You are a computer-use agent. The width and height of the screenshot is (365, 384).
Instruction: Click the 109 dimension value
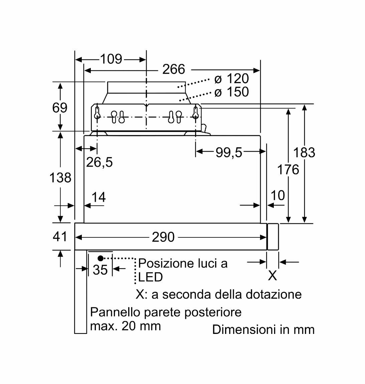[111, 59]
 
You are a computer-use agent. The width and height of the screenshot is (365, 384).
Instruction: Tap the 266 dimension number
[173, 69]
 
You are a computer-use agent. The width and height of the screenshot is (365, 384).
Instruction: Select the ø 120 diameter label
[231, 79]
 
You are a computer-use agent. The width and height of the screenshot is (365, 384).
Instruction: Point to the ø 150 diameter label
[231, 92]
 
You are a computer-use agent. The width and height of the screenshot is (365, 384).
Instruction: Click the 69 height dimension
[60, 108]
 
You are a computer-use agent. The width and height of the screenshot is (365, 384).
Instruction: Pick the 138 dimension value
[60, 178]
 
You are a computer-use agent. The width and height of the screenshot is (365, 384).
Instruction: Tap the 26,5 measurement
[99, 162]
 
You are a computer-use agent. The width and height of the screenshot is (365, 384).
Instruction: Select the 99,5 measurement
[229, 152]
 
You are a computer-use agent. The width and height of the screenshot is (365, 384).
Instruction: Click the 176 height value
[288, 170]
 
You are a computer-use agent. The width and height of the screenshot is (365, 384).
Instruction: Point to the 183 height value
[304, 153]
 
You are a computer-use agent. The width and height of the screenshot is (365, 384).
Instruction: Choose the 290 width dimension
[163, 237]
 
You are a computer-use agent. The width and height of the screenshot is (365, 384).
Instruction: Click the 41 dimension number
[60, 236]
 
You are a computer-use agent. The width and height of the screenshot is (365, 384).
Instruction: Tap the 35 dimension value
[100, 270]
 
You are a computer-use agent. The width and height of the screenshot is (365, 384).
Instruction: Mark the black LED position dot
[101, 258]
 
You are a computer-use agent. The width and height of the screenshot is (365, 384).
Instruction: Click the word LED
[151, 277]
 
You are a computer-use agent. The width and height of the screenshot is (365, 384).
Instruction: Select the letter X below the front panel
[272, 276]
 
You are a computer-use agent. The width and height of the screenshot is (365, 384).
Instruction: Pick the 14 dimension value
[99, 197]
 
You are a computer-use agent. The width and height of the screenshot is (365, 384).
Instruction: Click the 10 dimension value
[278, 195]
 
